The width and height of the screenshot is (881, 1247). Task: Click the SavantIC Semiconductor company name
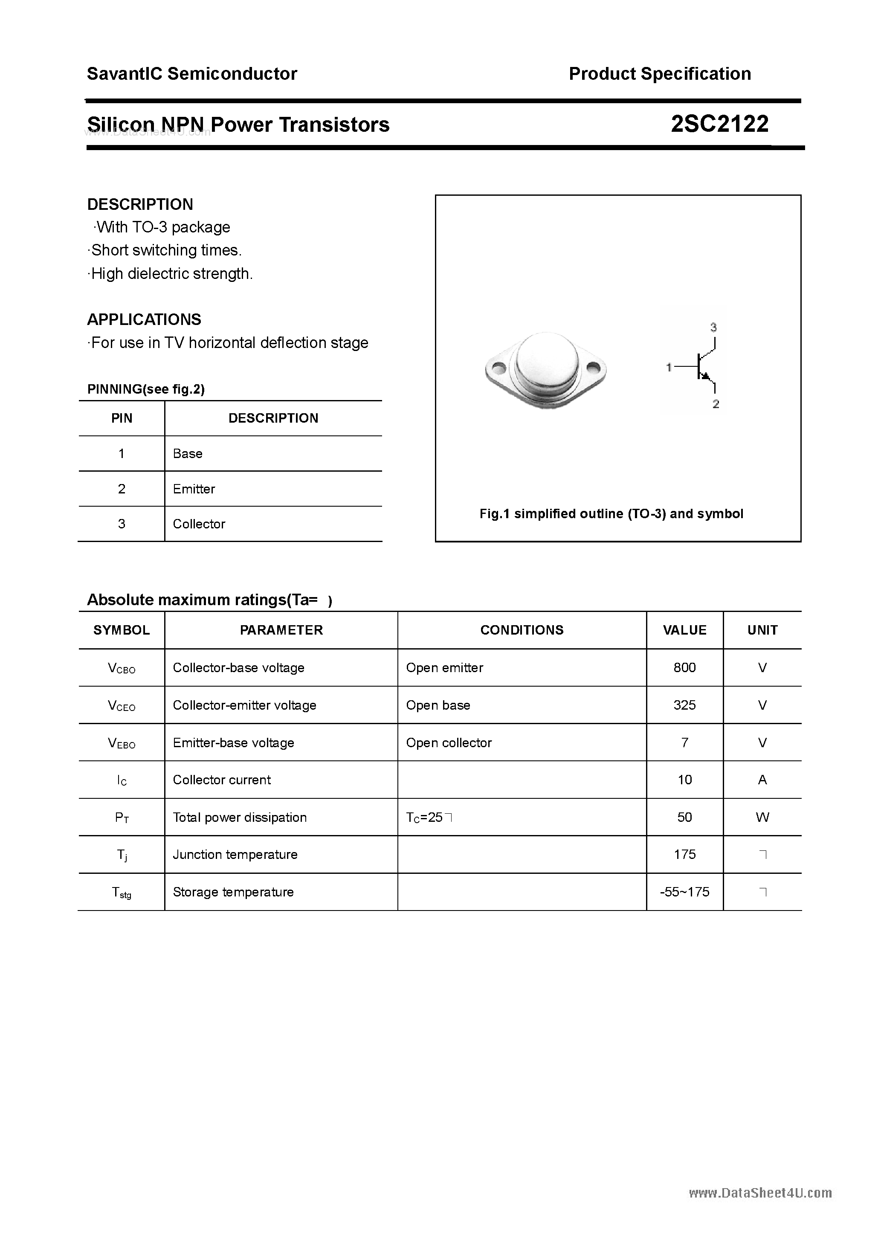point(192,74)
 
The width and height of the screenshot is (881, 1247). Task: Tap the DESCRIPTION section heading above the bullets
point(140,204)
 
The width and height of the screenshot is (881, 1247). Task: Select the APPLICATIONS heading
point(144,319)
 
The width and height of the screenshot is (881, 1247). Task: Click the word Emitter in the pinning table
point(194,489)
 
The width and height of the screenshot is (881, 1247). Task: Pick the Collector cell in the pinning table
point(199,524)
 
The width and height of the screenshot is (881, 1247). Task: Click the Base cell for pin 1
point(187,453)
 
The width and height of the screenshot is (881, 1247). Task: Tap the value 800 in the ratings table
point(684,667)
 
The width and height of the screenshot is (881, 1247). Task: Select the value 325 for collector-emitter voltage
point(684,705)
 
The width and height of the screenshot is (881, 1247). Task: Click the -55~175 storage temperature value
point(684,892)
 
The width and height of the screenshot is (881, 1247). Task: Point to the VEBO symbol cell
point(122,743)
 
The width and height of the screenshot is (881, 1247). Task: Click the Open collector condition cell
point(449,743)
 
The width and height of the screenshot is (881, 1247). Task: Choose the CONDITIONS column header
point(522,630)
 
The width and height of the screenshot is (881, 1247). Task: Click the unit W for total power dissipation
point(762,818)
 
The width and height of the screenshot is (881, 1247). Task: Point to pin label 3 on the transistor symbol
point(713,328)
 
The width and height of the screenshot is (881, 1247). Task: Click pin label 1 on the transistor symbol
point(669,368)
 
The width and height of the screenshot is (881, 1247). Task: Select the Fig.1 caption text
point(611,514)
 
